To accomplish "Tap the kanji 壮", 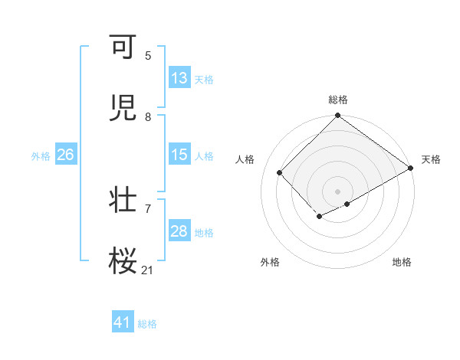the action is pyautogui.click(x=123, y=200).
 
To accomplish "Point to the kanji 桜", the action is pyautogui.click(x=123, y=261).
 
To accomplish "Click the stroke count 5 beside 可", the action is pyautogui.click(x=148, y=56).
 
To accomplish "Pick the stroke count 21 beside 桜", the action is pyautogui.click(x=148, y=270).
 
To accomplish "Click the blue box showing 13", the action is pyautogui.click(x=179, y=78).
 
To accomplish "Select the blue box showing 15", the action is pyautogui.click(x=179, y=155).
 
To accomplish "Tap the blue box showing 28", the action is pyautogui.click(x=179, y=231).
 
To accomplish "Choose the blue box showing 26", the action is pyautogui.click(x=65, y=155).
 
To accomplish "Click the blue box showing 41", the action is pyautogui.click(x=123, y=323).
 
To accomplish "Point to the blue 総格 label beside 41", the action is pyautogui.click(x=148, y=325).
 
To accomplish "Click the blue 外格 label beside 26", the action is pyautogui.click(x=41, y=156).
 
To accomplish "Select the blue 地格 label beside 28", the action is pyautogui.click(x=205, y=233).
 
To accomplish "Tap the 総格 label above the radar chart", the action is pyautogui.click(x=338, y=100).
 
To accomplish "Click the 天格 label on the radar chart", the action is pyautogui.click(x=431, y=159).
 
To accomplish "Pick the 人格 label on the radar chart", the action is pyautogui.click(x=245, y=159).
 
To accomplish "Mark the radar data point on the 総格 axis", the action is pyautogui.click(x=337, y=116).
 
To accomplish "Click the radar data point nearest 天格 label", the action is pyautogui.click(x=412, y=169).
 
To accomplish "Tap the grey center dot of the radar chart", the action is pyautogui.click(x=337, y=191).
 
